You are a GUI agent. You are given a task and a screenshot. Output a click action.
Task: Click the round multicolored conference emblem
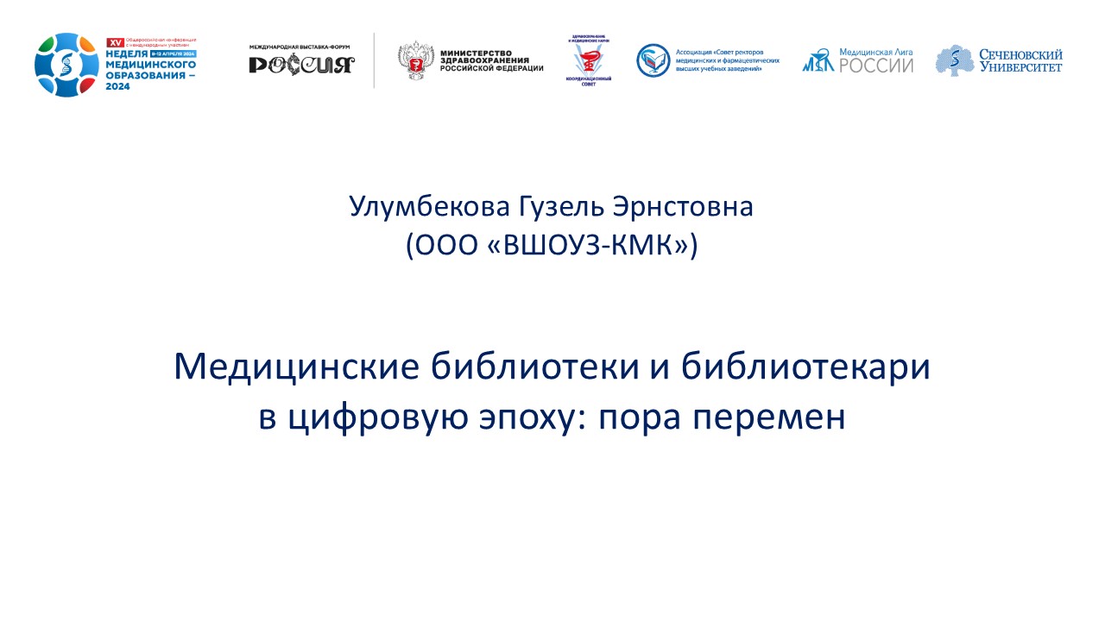tap(66, 64)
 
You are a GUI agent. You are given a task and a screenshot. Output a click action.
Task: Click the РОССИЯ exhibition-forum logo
tap(301, 65)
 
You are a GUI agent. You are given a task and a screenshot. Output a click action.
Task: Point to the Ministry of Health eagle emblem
tap(414, 62)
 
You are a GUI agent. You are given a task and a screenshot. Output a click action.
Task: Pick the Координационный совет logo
tap(590, 61)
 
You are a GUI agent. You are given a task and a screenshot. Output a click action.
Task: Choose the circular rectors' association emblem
tap(653, 60)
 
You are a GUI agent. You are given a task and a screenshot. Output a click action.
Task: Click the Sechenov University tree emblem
tap(953, 60)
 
